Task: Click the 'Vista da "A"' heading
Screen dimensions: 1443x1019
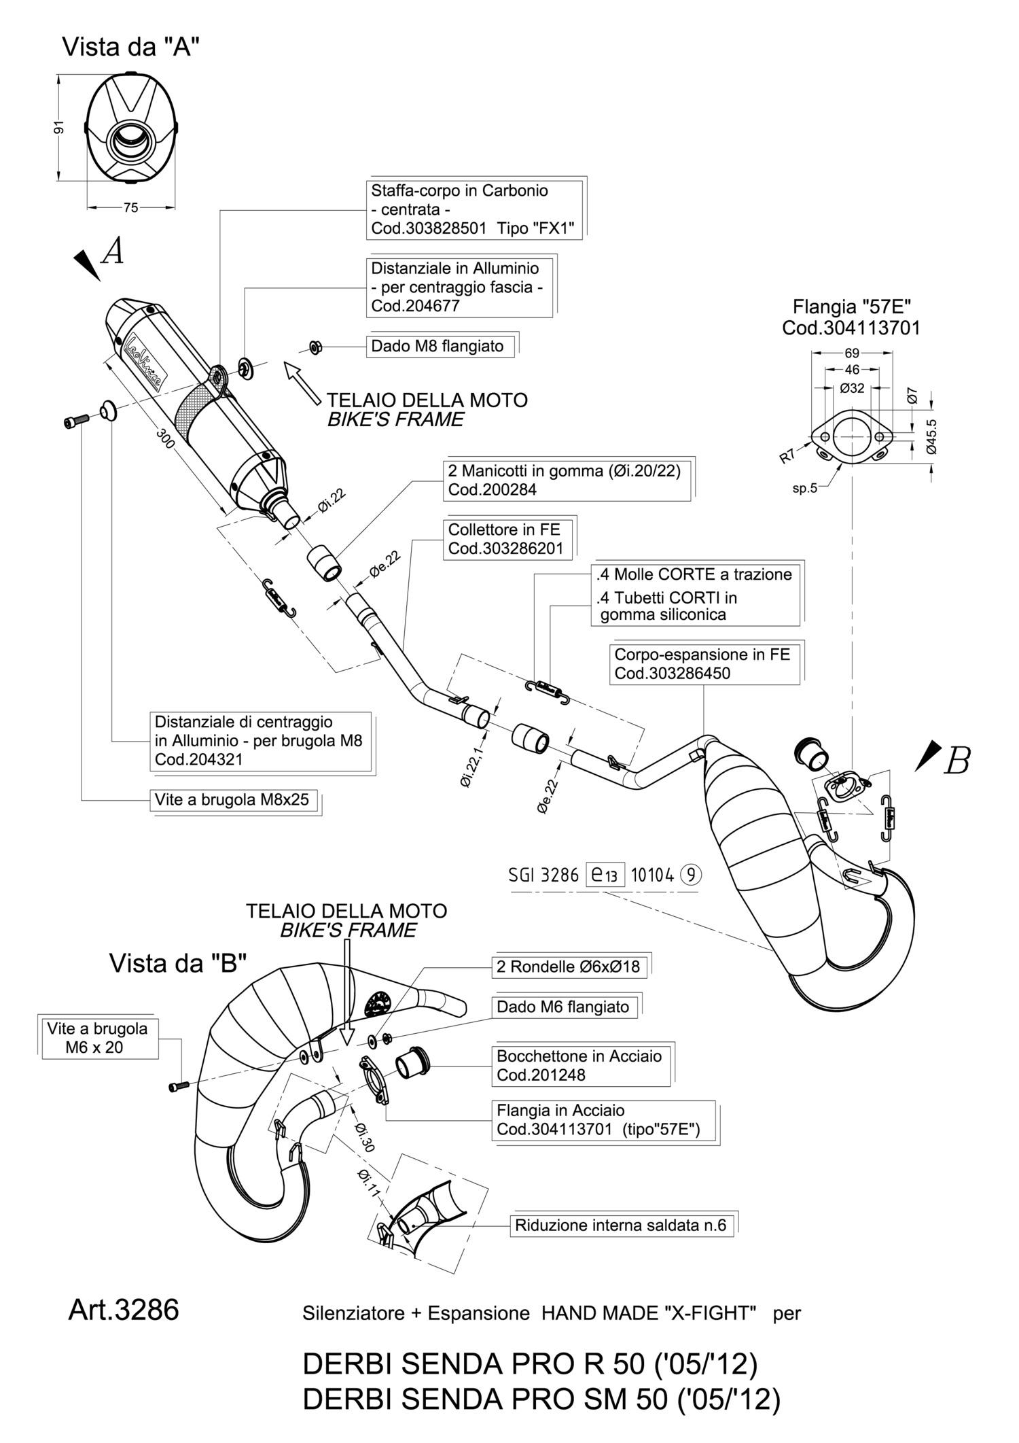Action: coord(130,48)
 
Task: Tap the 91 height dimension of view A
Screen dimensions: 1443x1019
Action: coord(60,128)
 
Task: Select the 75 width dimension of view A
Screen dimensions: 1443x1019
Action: coord(131,207)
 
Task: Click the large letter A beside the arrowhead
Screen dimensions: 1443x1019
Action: coord(113,251)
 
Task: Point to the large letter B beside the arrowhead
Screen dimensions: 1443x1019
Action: coord(957,761)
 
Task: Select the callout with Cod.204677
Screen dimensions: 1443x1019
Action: coord(459,287)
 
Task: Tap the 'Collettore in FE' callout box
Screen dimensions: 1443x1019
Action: coord(505,539)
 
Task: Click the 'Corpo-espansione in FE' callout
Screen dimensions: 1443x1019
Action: coord(703,664)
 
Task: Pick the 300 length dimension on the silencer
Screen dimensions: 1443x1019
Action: coord(165,438)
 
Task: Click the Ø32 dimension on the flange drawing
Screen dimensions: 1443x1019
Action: coord(852,388)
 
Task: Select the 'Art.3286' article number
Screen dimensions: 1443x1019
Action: coord(124,1309)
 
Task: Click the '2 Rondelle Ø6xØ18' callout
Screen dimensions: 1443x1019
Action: coord(568,967)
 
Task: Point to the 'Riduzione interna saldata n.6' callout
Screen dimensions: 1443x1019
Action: coord(621,1225)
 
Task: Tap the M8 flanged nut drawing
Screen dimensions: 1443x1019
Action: coord(314,347)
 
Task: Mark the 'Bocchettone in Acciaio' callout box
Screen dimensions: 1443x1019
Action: coord(580,1065)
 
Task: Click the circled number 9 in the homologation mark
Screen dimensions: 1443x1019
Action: coord(691,875)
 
